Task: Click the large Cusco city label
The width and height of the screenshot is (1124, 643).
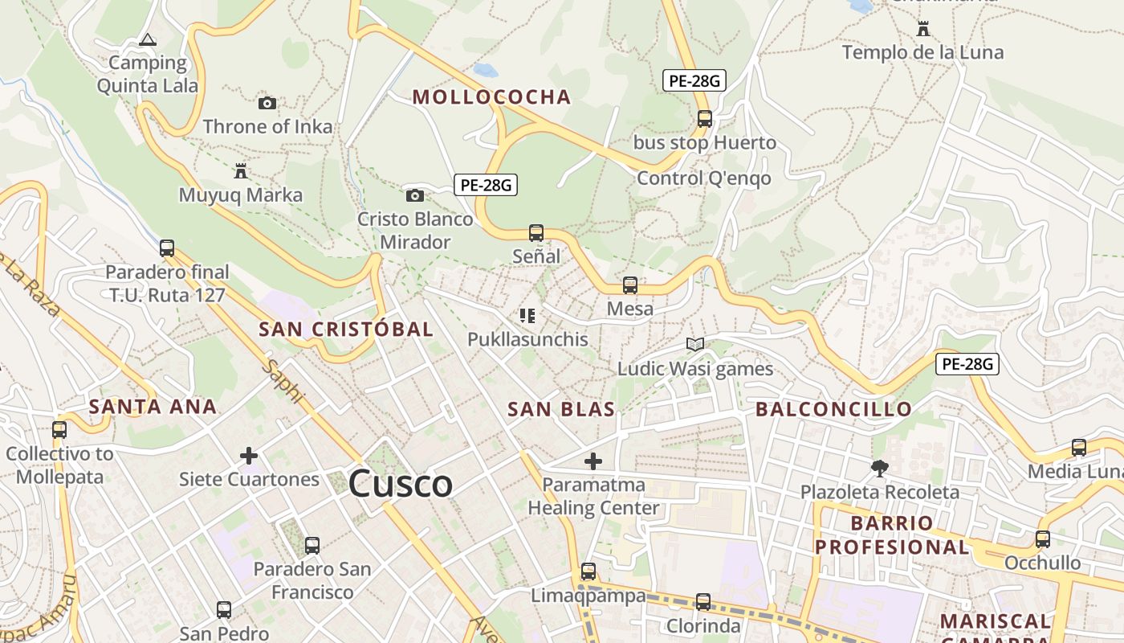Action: click(401, 484)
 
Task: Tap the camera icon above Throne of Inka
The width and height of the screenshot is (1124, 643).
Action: click(267, 103)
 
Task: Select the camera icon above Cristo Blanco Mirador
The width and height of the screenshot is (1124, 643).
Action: click(414, 195)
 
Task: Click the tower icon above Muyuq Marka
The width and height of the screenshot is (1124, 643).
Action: click(240, 170)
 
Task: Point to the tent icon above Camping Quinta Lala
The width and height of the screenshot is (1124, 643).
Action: click(148, 39)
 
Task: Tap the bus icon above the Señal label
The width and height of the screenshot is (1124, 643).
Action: click(536, 233)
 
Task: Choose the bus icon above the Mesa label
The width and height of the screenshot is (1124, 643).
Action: click(630, 285)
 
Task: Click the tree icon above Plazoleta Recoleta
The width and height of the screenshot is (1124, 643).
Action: click(880, 468)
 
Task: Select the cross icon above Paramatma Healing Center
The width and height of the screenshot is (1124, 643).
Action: click(593, 461)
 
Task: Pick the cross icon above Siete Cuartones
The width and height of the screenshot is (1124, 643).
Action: click(249, 456)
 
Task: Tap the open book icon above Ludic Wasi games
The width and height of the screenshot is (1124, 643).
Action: click(695, 345)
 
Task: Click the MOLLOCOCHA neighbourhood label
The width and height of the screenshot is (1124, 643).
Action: click(491, 97)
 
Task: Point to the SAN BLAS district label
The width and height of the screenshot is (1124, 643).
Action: click(561, 409)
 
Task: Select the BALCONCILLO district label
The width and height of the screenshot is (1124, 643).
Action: click(833, 409)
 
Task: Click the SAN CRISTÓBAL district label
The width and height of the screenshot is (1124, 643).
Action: click(346, 329)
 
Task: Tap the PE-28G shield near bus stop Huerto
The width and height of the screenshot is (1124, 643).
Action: click(694, 80)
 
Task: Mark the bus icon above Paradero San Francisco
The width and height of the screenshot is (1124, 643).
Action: click(312, 546)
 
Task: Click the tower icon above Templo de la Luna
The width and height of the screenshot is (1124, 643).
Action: click(923, 30)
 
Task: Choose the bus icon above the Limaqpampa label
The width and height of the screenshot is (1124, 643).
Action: click(588, 571)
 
